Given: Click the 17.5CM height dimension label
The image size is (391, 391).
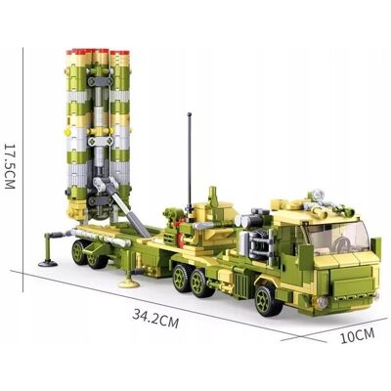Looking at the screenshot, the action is tap(10, 166).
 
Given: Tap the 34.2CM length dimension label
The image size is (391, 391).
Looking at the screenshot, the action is tap(155, 320).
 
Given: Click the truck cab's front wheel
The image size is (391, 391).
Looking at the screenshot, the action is tap(268, 300).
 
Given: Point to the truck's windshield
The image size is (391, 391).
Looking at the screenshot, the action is tap(338, 237).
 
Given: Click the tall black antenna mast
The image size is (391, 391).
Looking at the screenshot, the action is tap(189, 164).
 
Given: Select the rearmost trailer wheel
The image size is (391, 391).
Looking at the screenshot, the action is tap(79, 252).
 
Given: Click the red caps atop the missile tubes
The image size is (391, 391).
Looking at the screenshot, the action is tap(98, 52).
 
